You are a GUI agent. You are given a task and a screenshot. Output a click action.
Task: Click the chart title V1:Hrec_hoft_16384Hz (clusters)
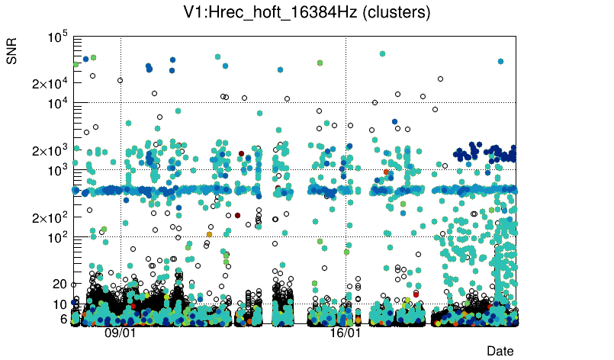click(307, 13)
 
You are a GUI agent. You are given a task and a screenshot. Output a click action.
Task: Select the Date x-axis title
click(500, 350)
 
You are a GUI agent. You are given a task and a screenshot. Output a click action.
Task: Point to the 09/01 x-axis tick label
click(120, 333)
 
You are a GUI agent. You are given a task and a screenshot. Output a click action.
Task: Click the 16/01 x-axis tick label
click(345, 333)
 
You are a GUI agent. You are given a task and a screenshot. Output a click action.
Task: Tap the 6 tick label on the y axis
click(64, 319)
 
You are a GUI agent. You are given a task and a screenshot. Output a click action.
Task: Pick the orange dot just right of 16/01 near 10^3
click(387, 172)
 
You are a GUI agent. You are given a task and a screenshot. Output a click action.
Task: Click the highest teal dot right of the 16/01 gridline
click(382, 53)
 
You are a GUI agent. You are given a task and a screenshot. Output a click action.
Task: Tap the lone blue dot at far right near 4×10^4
click(500, 61)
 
